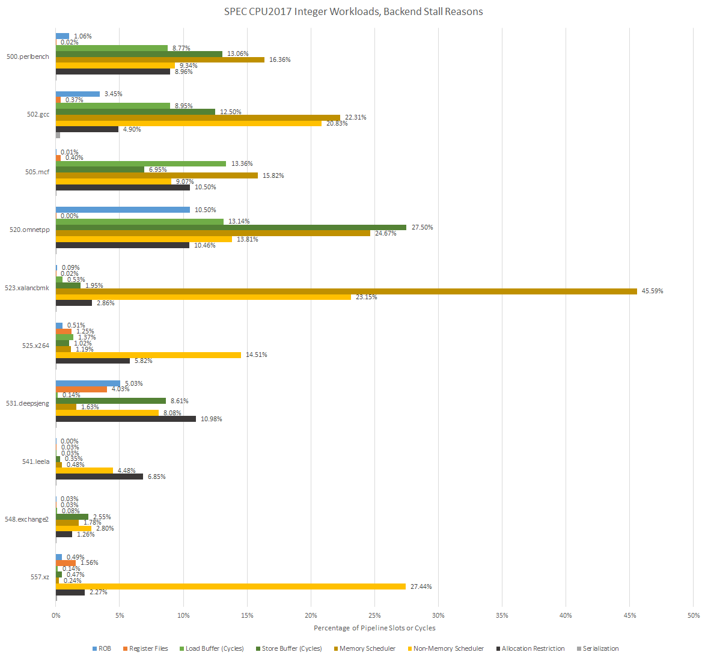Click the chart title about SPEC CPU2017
[353, 11]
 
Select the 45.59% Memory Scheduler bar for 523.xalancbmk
[346, 291]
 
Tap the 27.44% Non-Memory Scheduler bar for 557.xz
[231, 586]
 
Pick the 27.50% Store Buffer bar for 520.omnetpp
[231, 227]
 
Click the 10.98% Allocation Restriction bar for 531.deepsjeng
[126, 419]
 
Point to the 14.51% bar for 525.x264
[148, 355]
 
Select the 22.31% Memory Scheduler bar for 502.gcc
[198, 118]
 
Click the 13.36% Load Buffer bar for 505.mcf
[141, 164]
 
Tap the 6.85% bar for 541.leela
[99, 477]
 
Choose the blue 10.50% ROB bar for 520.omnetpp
[123, 210]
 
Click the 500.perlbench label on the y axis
[28, 56]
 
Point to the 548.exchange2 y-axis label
[26, 519]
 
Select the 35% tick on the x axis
[502, 615]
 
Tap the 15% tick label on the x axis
[247, 615]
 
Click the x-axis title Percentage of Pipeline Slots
[374, 628]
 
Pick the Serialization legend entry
[600, 648]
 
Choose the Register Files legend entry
[148, 648]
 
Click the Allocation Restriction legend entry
[533, 648]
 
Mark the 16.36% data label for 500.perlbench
[279, 60]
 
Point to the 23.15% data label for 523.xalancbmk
[366, 297]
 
